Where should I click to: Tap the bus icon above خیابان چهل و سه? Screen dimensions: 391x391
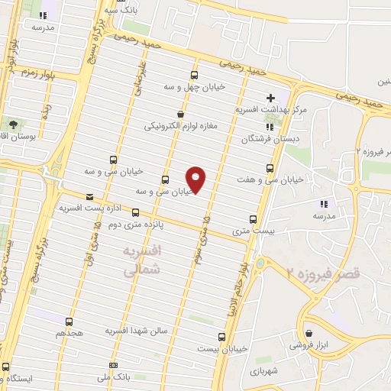[x=194, y=75]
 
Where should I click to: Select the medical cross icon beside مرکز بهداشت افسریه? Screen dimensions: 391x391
[x=270, y=99]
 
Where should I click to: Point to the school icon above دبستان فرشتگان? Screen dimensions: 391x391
[x=269, y=127]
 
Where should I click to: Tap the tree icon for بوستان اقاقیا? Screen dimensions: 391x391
[x=13, y=123]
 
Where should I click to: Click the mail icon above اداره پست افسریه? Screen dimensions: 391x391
[x=91, y=195]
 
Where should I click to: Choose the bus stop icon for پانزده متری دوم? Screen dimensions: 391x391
[x=136, y=212]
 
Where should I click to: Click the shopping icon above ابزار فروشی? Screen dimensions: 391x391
[x=308, y=333]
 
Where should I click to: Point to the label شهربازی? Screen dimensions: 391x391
[x=264, y=370]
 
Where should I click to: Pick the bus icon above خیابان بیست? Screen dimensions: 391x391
[x=222, y=336]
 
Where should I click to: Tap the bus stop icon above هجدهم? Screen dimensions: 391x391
[x=69, y=322]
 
